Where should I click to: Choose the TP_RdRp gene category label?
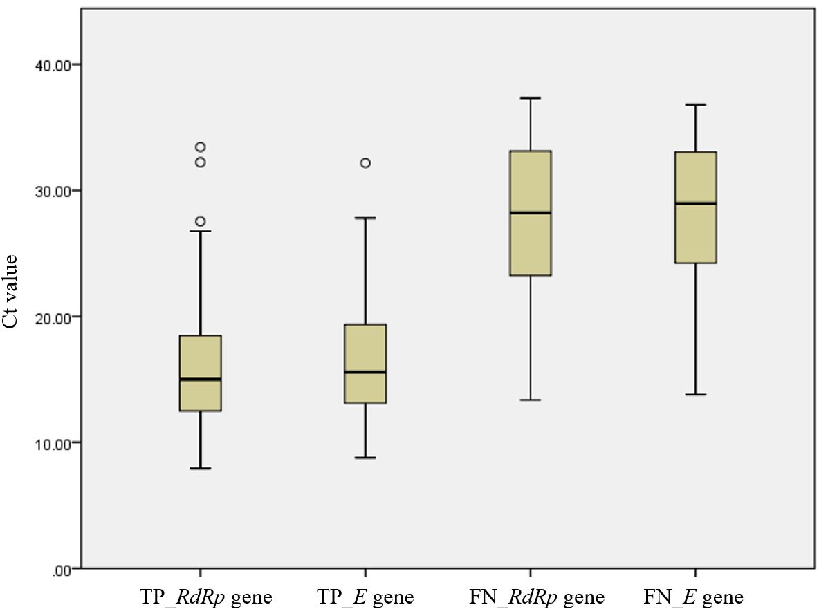pyautogui.click(x=206, y=597)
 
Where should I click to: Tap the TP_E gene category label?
pyautogui.click(x=365, y=597)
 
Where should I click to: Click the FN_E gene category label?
pyautogui.click(x=694, y=597)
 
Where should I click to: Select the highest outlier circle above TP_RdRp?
pyautogui.click(x=201, y=147)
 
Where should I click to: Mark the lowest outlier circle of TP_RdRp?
pyautogui.click(x=201, y=221)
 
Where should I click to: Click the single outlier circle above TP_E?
pyautogui.click(x=365, y=162)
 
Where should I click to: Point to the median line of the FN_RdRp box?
pyautogui.click(x=530, y=213)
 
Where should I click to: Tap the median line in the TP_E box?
pyautogui.click(x=365, y=372)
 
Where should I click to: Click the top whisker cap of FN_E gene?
pyautogui.click(x=695, y=104)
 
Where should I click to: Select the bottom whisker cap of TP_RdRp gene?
pyautogui.click(x=201, y=468)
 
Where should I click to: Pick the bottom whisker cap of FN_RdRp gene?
pyautogui.click(x=530, y=400)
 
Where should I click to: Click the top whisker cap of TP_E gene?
pyautogui.click(x=365, y=218)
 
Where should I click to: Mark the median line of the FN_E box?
pyautogui.click(x=695, y=203)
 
